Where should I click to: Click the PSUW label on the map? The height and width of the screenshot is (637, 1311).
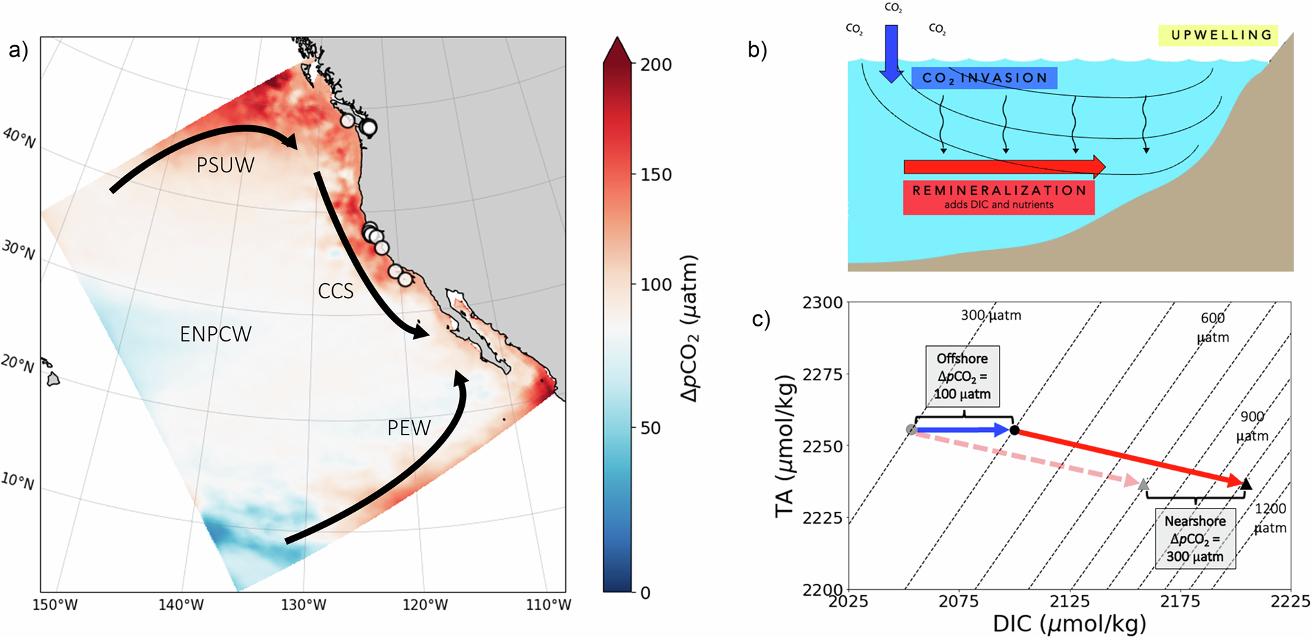[225, 165]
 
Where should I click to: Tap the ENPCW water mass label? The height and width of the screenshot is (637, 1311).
[215, 334]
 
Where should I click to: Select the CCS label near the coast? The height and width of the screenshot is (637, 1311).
[336, 291]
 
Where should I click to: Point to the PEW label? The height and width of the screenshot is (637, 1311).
[408, 428]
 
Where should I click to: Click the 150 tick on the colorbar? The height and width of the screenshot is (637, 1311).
[655, 175]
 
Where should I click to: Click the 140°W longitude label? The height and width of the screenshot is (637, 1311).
[181, 604]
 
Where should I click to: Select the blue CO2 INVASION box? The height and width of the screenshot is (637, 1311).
[984, 78]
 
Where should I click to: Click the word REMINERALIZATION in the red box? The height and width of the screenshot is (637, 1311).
[999, 191]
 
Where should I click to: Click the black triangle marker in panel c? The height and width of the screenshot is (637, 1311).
[1246, 484]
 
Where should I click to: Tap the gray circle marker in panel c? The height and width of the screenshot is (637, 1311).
[911, 430]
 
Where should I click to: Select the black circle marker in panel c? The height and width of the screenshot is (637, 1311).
[1015, 430]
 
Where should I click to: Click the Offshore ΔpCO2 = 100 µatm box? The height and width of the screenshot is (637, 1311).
[962, 376]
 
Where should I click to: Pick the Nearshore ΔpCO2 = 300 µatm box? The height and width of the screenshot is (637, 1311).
[1195, 539]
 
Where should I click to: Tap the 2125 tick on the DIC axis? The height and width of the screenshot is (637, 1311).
[1069, 601]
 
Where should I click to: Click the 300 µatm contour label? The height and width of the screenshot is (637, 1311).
[990, 315]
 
